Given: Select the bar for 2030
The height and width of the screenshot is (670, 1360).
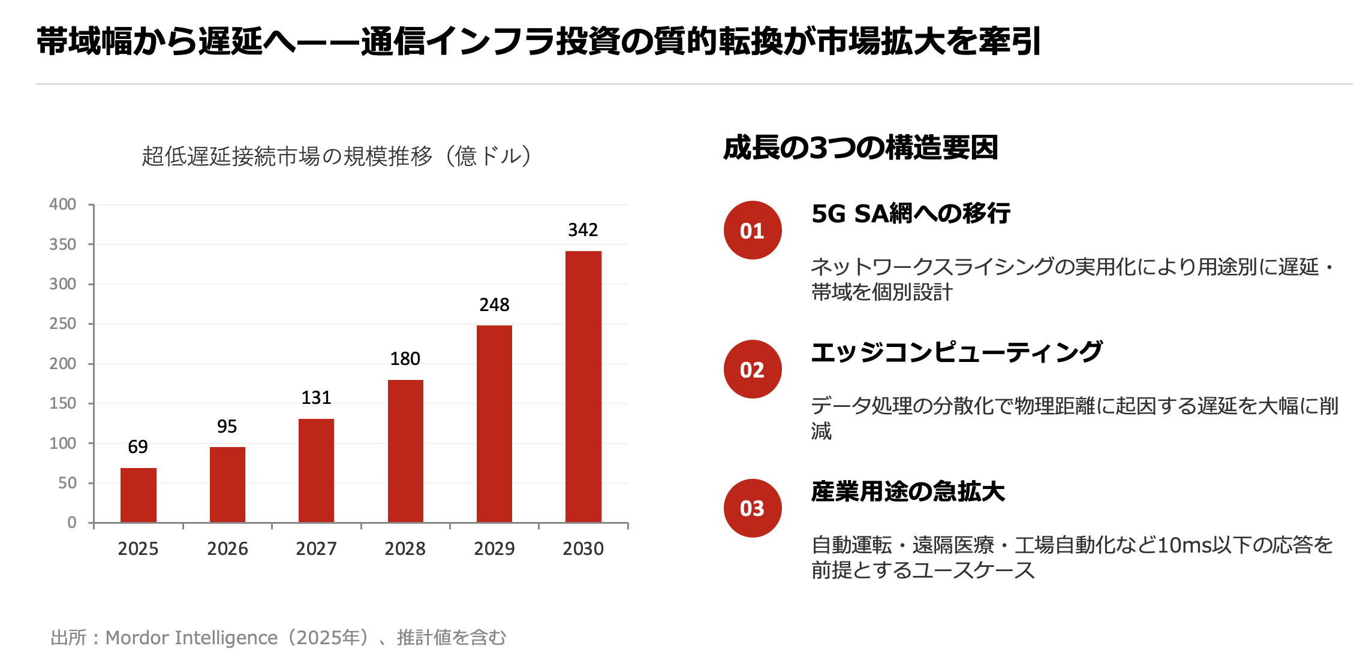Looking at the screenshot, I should (583, 387).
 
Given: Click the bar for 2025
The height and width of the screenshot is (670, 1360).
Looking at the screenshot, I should (138, 495).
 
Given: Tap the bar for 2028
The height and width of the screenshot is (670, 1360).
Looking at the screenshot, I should (405, 451).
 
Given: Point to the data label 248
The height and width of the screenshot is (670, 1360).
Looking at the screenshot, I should (494, 305).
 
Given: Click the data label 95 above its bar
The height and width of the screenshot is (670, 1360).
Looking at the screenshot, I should (227, 427).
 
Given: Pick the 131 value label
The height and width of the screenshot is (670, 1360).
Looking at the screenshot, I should (316, 398).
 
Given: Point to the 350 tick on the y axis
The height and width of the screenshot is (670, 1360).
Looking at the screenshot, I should (62, 245).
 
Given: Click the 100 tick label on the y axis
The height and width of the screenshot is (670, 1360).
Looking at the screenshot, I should (62, 443).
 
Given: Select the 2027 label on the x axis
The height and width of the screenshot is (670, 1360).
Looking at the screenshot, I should (316, 548).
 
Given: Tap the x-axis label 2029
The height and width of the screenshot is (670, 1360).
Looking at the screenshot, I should (494, 548).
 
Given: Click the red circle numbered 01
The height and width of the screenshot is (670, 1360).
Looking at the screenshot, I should (752, 231).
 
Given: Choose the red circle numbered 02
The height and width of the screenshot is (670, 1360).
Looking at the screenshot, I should (752, 370).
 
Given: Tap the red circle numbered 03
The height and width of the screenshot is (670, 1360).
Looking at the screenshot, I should (752, 508).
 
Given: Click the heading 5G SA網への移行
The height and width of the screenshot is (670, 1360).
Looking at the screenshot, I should (910, 214).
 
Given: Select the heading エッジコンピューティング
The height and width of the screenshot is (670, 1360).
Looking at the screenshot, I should (956, 352).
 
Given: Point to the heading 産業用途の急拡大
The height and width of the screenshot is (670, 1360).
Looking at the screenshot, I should (907, 491).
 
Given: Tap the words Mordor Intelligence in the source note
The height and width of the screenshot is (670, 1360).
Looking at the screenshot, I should (191, 638).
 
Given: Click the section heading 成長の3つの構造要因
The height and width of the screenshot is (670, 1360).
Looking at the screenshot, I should (860, 148).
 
